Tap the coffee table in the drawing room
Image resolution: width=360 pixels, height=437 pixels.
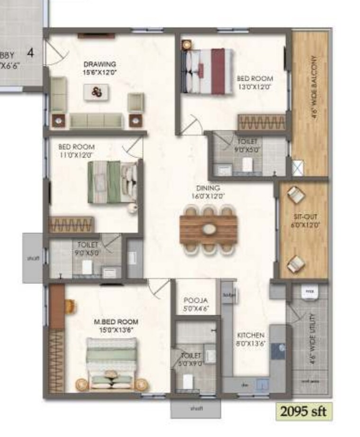click(x=97, y=91)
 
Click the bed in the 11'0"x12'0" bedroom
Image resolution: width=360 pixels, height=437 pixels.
click(x=112, y=182)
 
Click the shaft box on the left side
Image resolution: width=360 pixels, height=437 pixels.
click(x=33, y=258)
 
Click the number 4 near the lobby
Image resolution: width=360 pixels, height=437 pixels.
click(x=30, y=53)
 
